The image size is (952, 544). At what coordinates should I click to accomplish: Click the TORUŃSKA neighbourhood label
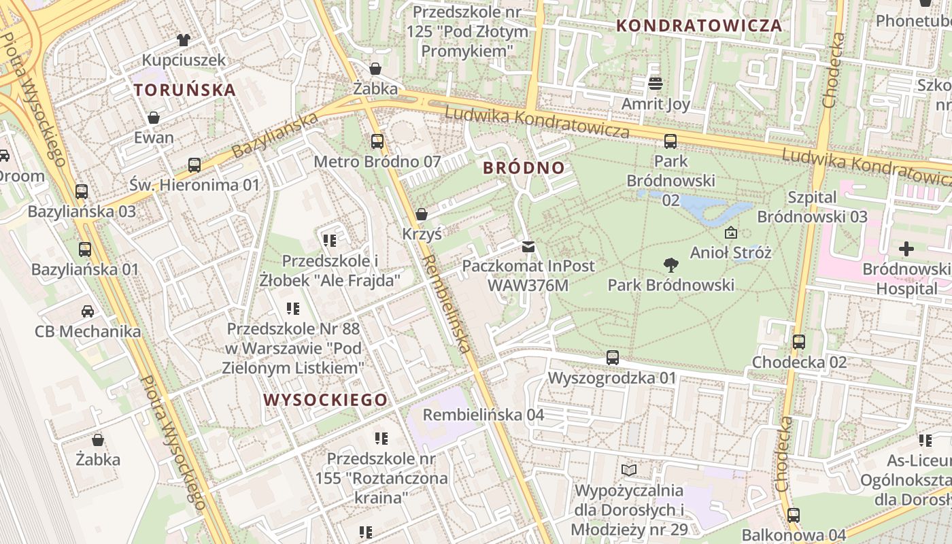(185, 90)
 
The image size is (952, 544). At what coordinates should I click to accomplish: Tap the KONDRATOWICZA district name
(699, 26)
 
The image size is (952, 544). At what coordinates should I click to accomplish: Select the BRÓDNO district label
(524, 168)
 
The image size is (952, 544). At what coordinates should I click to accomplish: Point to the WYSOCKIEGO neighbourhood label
(326, 400)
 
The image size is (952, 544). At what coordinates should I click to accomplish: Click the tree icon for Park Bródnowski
(670, 265)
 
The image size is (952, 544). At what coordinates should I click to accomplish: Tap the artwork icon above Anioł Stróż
(731, 233)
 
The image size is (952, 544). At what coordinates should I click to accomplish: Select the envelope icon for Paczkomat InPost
(528, 246)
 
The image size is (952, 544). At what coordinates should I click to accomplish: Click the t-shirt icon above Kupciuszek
(183, 39)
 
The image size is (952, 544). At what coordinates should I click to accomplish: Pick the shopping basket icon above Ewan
(154, 118)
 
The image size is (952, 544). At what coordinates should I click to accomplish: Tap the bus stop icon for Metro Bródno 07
(377, 141)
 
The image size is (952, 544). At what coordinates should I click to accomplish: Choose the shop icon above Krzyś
(422, 214)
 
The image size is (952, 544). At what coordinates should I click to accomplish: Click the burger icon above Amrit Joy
(656, 84)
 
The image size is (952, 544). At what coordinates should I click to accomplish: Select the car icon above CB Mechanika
(88, 311)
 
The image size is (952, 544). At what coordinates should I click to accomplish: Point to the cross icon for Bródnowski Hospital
(906, 250)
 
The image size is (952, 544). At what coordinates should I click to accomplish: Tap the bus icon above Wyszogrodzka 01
(612, 357)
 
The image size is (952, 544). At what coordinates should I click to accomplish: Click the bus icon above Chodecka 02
(799, 342)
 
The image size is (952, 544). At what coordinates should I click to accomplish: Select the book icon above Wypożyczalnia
(629, 470)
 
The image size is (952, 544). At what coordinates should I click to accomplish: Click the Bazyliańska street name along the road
(275, 135)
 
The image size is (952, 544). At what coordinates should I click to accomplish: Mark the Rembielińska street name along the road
(446, 304)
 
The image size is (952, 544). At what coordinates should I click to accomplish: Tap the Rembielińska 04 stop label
(483, 415)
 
